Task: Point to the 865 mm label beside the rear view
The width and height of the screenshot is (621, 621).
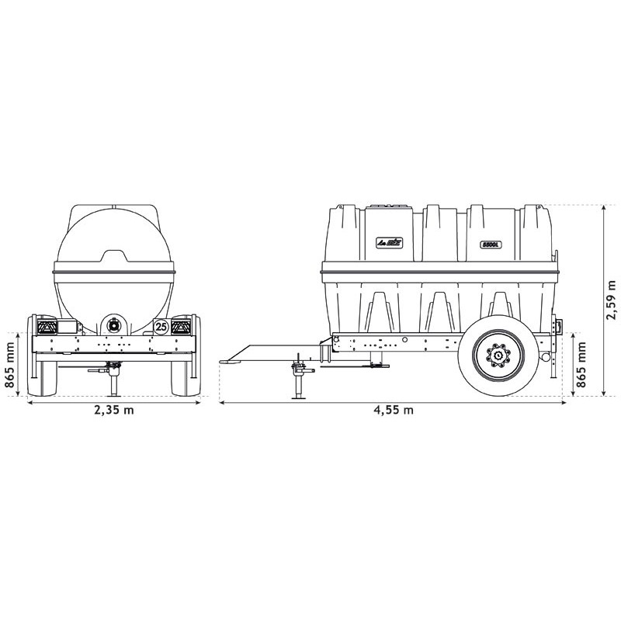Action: [x=9, y=363]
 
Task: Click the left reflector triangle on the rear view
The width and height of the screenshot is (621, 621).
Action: [x=47, y=326]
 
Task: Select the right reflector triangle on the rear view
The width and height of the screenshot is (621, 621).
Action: [x=184, y=326]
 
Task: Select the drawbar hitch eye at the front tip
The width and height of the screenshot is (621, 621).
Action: [x=227, y=359]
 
